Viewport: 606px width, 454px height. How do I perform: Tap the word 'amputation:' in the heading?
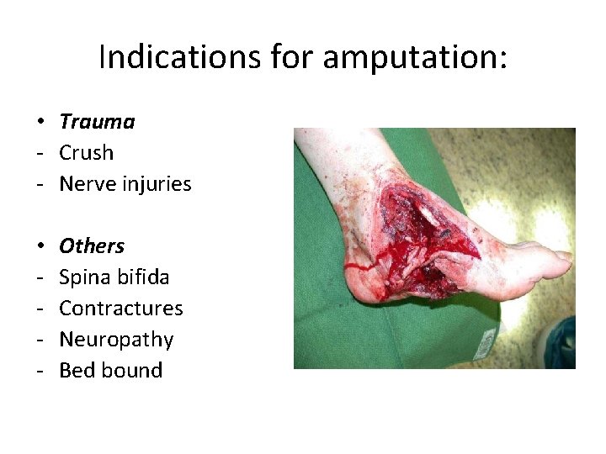click(x=415, y=58)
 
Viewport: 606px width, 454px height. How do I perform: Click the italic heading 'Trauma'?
click(x=97, y=122)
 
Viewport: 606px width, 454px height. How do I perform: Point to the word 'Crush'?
click(x=86, y=153)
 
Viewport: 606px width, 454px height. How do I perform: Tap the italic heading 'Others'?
click(x=92, y=246)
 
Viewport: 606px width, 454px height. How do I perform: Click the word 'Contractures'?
click(x=121, y=309)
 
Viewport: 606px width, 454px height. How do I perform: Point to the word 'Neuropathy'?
click(x=116, y=340)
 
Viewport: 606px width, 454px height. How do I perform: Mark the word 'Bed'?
click(x=77, y=371)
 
